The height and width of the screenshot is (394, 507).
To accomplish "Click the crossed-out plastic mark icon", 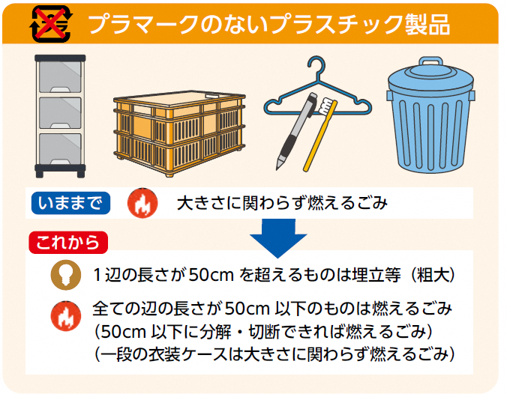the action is tap(51, 23).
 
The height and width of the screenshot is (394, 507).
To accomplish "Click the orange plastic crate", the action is tap(179, 133).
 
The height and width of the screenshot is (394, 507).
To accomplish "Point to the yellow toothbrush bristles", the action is tap(326, 107).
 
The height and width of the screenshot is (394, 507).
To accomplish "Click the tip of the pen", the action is tap(277, 166).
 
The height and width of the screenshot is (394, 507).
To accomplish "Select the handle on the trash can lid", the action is tap(430, 61).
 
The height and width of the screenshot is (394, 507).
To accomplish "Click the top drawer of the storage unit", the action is tap(60, 77).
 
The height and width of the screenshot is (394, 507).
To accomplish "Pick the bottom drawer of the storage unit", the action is tap(60, 149).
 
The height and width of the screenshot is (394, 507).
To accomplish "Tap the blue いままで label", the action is tap(70, 203).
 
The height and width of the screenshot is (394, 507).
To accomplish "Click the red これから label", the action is tap(68, 243).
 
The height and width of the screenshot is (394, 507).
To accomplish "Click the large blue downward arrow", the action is tap(278, 238).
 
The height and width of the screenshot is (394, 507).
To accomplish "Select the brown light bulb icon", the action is tap(66, 275).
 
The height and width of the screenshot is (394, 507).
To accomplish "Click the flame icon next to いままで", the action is tap(142, 203).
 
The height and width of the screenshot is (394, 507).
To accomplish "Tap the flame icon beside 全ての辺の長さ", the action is tap(66, 316).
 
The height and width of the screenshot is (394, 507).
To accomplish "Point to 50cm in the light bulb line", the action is tap(211, 275).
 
